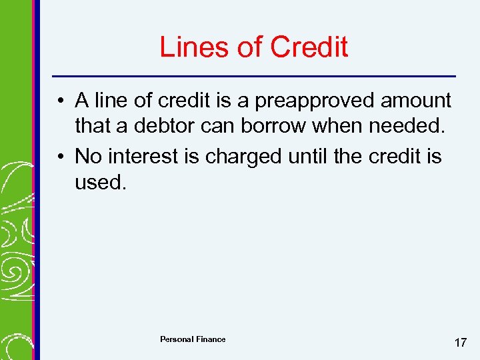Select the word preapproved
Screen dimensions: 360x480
tap(312, 101)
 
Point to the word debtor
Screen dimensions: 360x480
tap(170, 125)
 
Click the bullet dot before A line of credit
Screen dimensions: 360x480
tap(61, 102)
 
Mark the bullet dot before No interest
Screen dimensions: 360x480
tap(61, 157)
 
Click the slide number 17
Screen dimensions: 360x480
tap(460, 343)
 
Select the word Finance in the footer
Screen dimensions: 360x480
tap(211, 339)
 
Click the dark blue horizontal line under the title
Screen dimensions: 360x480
tap(254, 75)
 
